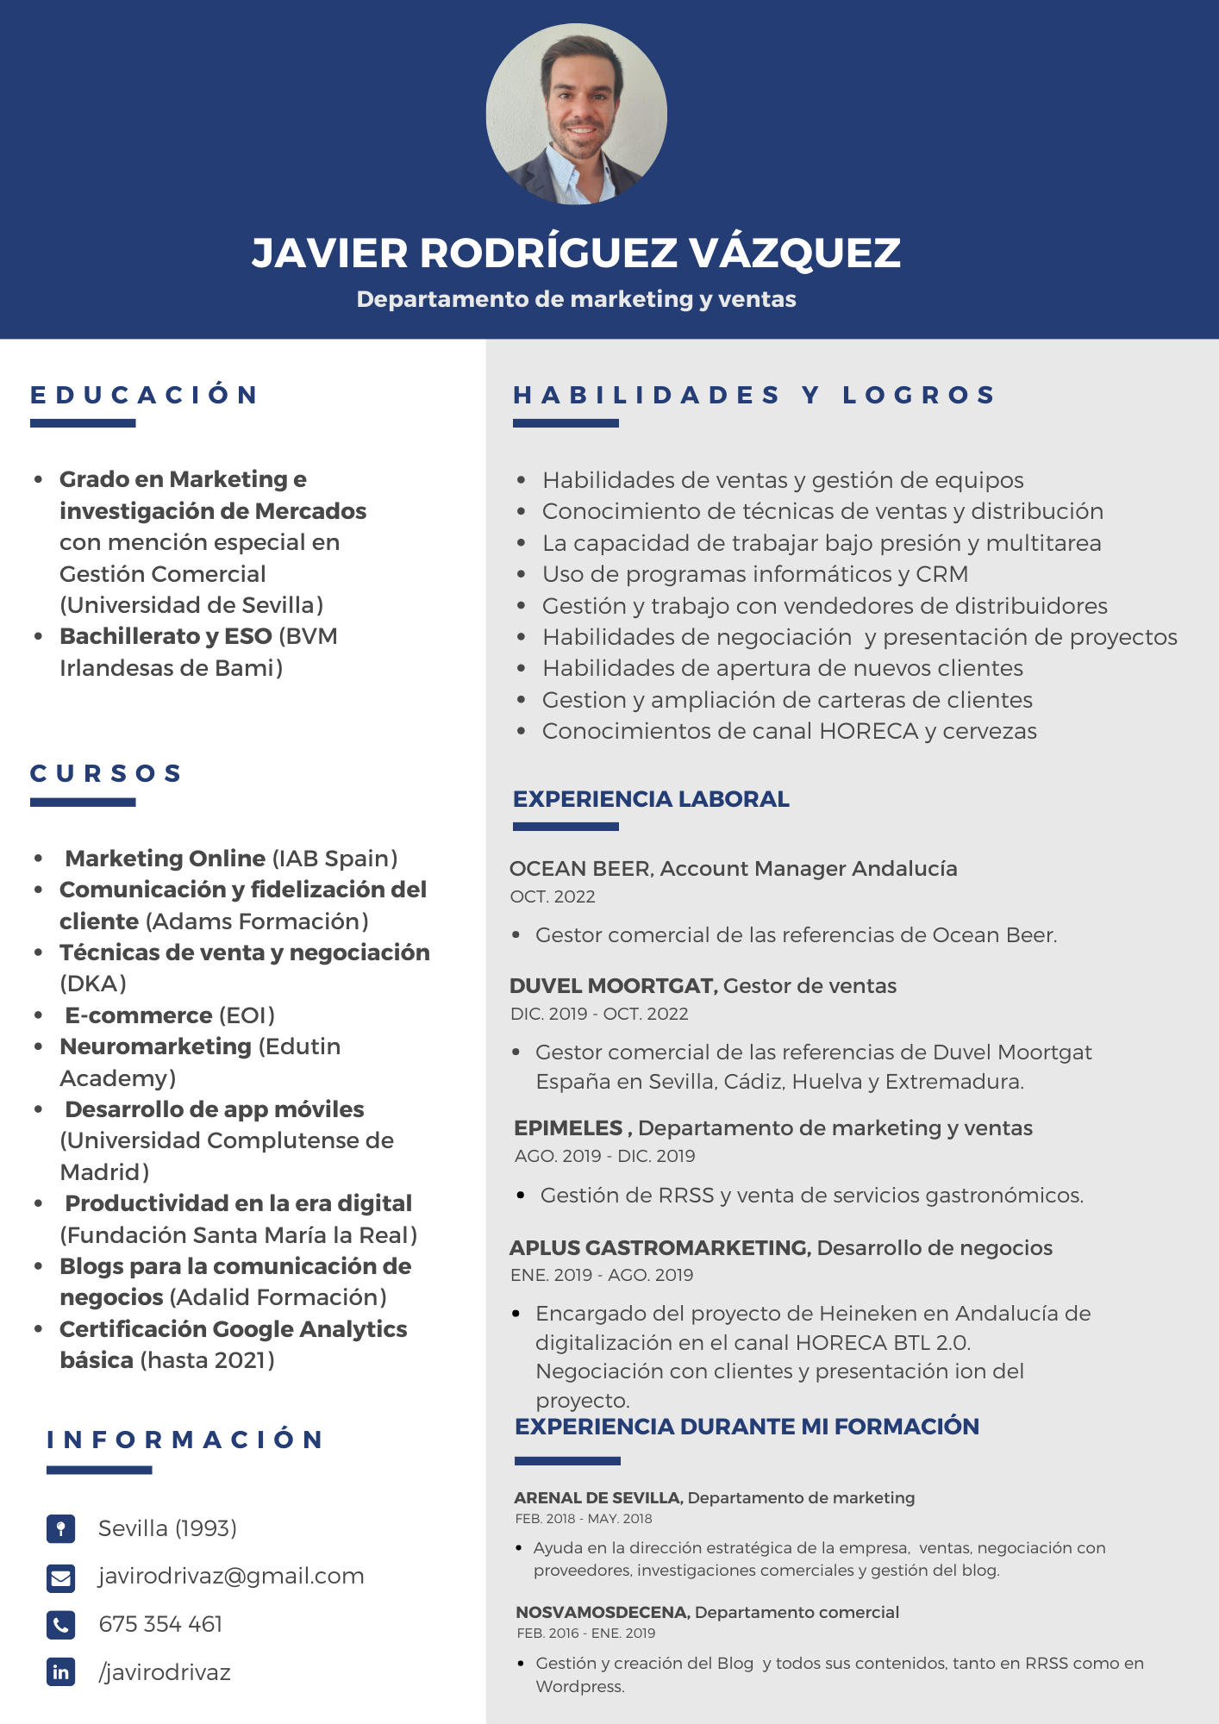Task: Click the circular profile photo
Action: [576, 114]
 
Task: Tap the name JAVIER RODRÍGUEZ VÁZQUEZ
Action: [576, 253]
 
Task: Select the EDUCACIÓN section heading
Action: [144, 395]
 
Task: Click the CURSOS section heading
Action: [106, 773]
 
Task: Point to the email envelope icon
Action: [60, 1577]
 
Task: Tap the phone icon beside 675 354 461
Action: [60, 1625]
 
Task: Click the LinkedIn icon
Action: [60, 1672]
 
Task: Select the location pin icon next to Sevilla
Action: [60, 1528]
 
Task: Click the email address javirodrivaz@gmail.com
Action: [231, 1576]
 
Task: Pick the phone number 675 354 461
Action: [160, 1624]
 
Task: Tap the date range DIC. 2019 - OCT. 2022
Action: [599, 1014]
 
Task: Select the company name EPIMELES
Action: [568, 1127]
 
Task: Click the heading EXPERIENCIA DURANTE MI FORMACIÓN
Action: [747, 1427]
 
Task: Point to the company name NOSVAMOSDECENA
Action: [602, 1612]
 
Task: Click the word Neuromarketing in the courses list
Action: [155, 1046]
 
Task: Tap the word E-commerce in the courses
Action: [139, 1015]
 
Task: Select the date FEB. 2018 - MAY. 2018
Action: [584, 1519]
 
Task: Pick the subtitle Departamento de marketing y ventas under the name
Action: [576, 299]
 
